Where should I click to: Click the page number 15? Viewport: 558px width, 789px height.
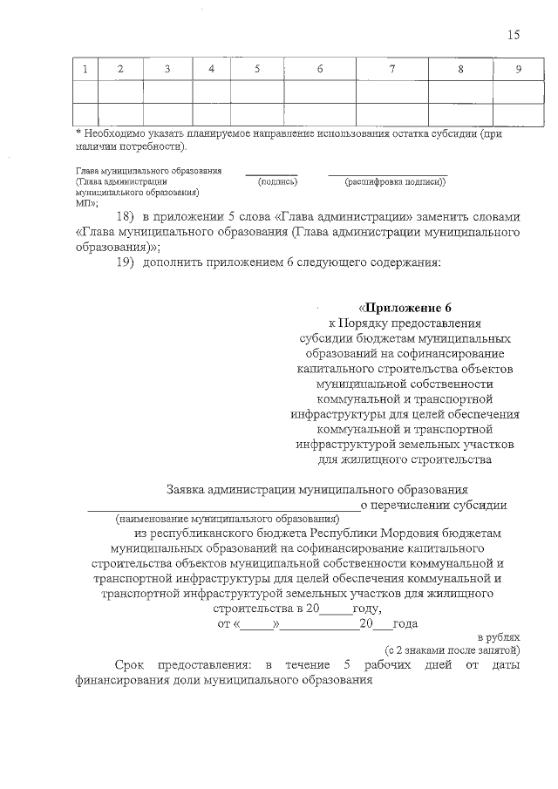point(514,35)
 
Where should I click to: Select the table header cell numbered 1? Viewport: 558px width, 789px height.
point(85,69)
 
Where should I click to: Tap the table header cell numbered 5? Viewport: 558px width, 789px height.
point(256,69)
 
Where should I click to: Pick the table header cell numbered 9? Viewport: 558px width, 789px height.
point(518,69)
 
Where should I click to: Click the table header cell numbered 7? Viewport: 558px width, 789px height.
point(391,69)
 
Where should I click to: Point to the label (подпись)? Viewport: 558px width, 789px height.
point(278,181)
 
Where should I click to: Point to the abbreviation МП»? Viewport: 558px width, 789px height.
point(87,201)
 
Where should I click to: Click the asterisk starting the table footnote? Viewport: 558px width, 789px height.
point(78,133)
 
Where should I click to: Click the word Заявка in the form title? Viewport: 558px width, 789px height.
point(188,489)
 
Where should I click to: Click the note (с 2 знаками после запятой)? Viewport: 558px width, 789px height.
point(453,650)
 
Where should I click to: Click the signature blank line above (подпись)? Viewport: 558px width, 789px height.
point(270,173)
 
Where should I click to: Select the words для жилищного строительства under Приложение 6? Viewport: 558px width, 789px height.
point(406,459)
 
